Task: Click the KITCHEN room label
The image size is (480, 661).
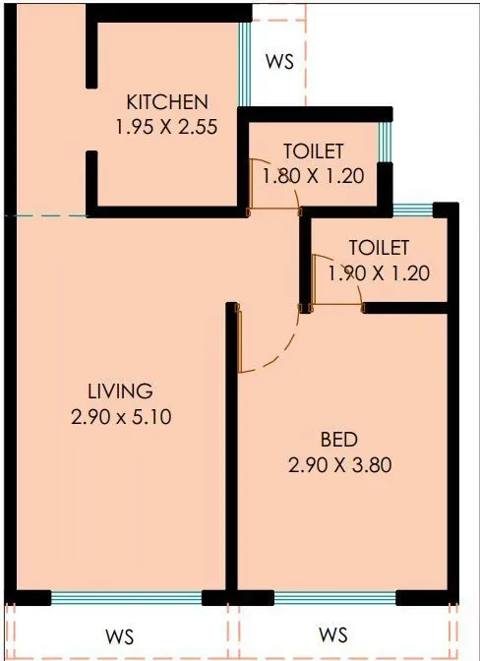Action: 167,101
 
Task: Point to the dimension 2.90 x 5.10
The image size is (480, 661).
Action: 122,416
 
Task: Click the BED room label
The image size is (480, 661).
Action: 338,439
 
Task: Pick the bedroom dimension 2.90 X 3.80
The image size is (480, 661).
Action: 340,463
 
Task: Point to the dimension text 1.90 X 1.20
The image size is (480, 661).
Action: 378,273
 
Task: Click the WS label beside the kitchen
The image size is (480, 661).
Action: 280,61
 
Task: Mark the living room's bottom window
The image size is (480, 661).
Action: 126,597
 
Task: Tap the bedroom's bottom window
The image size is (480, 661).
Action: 334,597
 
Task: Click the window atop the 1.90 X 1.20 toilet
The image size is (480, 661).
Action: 413,209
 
